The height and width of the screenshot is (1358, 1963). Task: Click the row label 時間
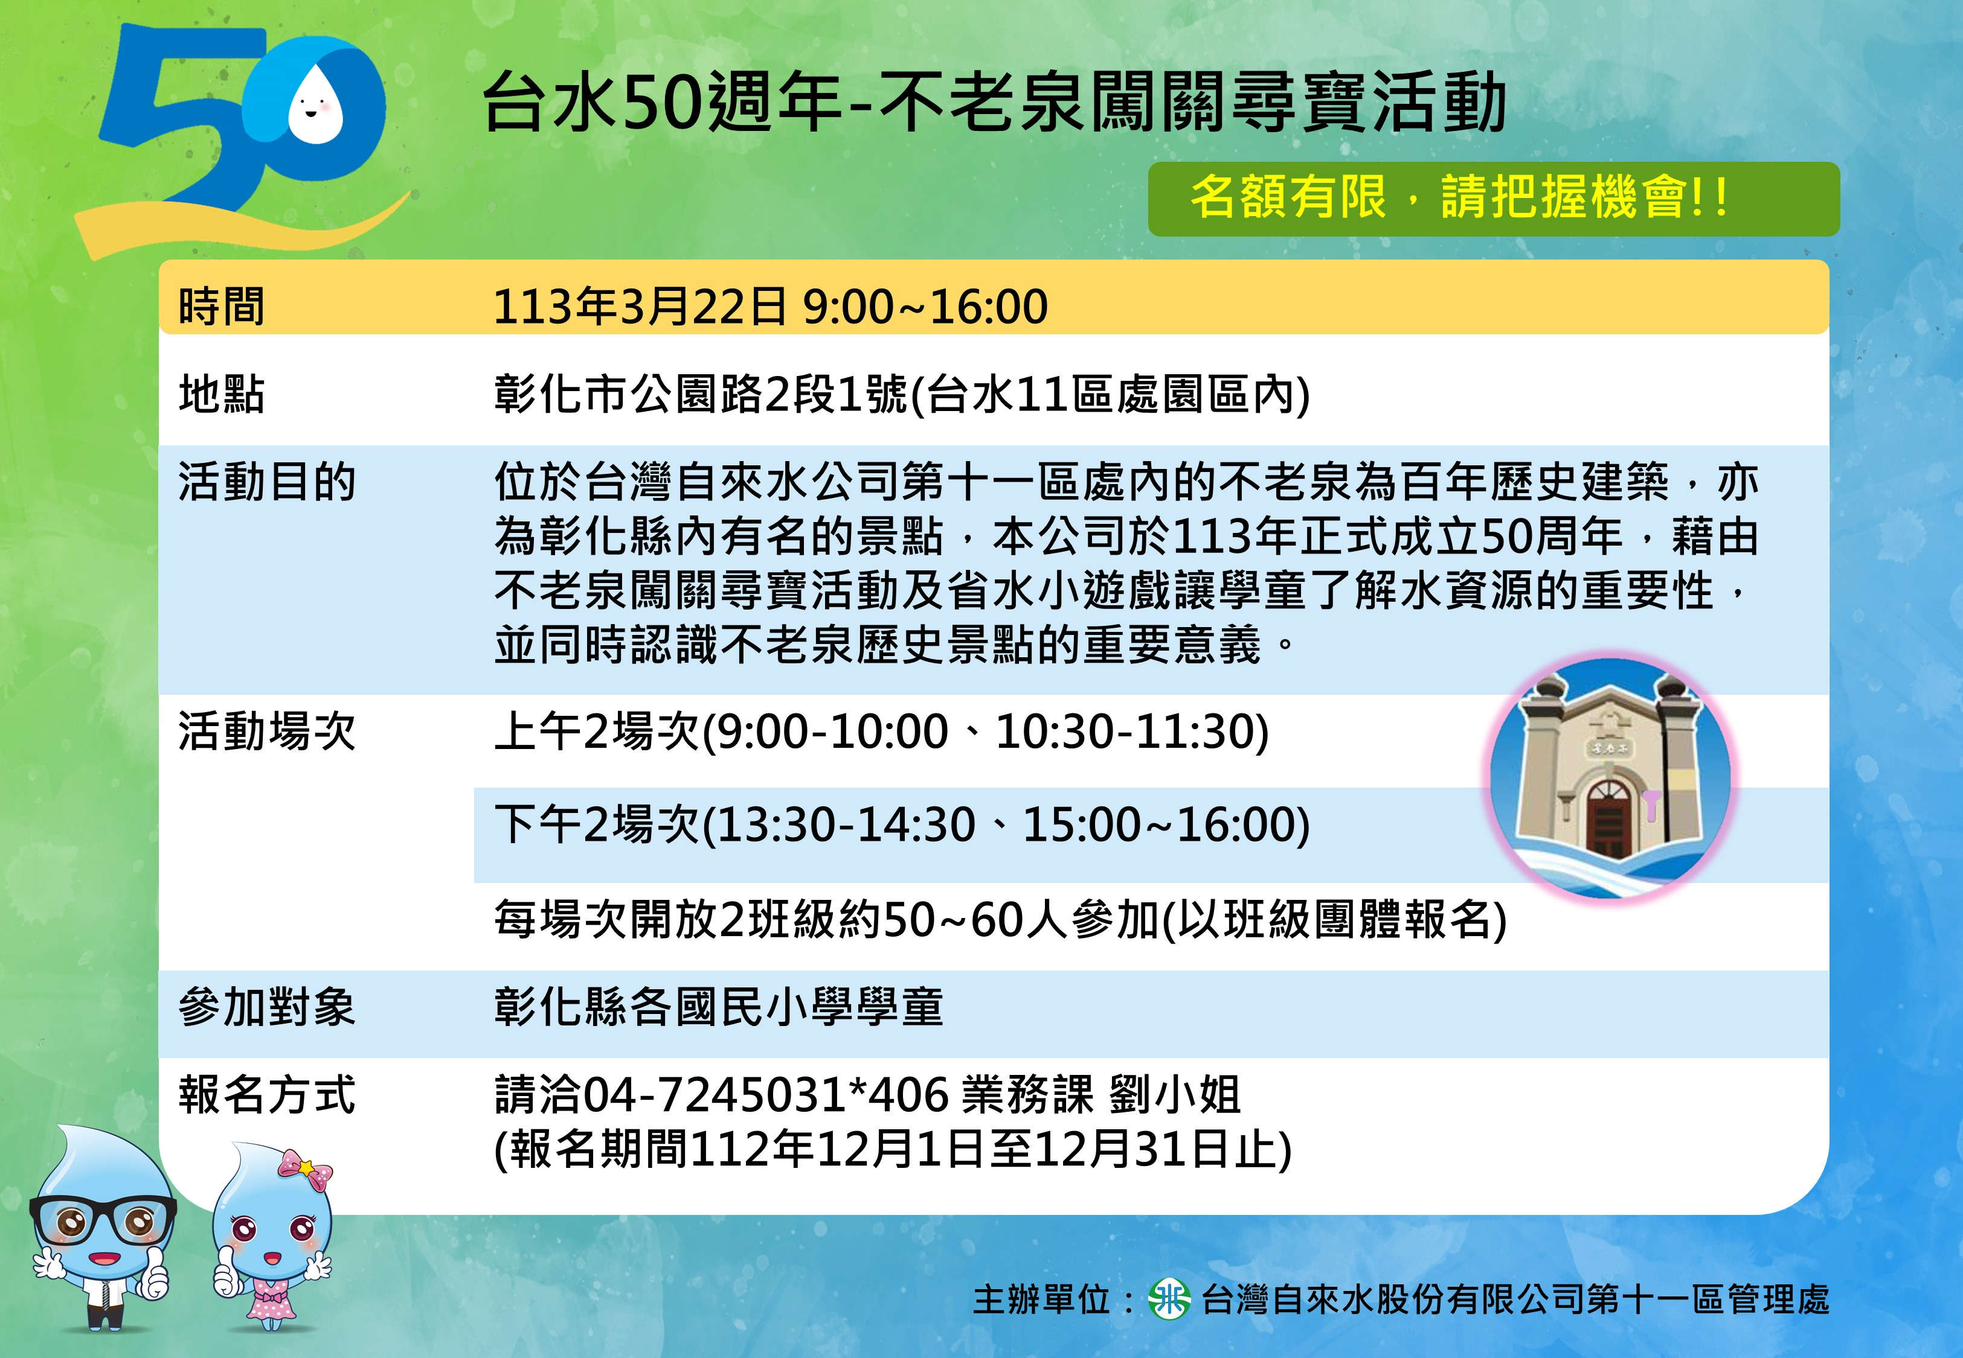coord(221,307)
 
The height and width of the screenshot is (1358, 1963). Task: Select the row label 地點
coord(221,395)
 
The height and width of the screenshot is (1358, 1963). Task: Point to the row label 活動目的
coord(266,482)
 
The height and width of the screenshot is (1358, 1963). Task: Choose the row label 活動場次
coord(266,732)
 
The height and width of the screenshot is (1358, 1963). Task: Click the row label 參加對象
coord(266,1007)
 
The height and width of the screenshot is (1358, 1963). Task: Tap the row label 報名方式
coord(266,1095)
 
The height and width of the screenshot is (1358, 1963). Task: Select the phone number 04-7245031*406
coord(765,1095)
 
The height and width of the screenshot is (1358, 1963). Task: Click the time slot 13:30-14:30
coord(848,824)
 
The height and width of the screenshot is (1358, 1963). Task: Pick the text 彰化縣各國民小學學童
coord(719,1007)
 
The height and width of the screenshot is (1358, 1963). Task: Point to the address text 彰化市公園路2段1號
coord(701,395)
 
